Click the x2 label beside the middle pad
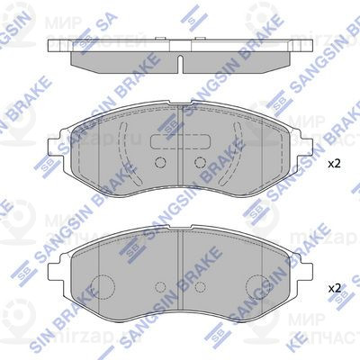tap(334, 165)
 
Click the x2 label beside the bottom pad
tap(334, 288)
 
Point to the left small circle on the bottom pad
tap(161, 291)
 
